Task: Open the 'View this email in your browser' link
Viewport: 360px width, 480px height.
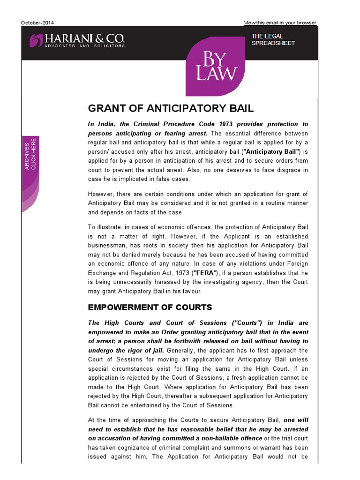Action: coord(280,22)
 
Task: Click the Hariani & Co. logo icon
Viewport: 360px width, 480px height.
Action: coord(36,40)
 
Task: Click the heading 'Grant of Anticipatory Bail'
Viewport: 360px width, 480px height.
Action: coord(171,108)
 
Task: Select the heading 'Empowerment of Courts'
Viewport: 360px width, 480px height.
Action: coord(150,307)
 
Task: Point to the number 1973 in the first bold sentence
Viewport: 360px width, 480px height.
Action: coord(208,124)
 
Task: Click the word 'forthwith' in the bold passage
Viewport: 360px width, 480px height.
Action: coord(180,341)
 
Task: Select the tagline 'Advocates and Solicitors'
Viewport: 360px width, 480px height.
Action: coord(84,46)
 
